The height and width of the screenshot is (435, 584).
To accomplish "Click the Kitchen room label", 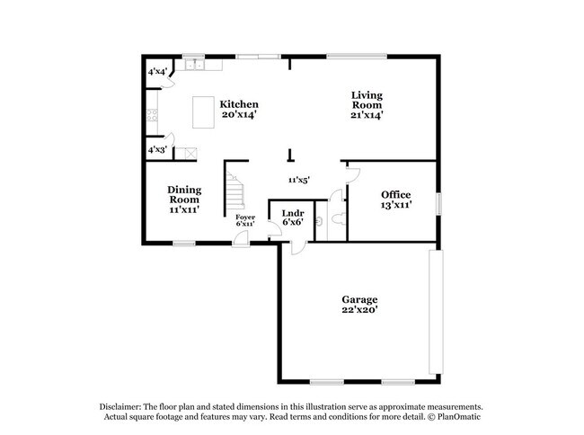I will click(x=239, y=104).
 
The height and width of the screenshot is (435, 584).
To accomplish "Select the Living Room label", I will click(x=367, y=94).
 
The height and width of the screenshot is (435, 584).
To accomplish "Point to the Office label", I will click(x=395, y=195).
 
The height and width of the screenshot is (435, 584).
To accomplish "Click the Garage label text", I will click(x=358, y=299).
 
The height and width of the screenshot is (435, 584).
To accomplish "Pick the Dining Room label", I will click(x=183, y=194).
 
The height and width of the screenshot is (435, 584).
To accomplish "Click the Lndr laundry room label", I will click(x=291, y=213).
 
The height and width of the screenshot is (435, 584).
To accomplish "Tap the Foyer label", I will click(x=245, y=217).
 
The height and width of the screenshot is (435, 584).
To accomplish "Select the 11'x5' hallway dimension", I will click(x=298, y=180).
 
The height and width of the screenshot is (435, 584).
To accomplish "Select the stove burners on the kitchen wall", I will click(x=152, y=115).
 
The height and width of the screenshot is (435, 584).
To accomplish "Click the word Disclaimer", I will click(x=124, y=406).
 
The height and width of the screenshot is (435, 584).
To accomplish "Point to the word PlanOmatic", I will click(x=463, y=417).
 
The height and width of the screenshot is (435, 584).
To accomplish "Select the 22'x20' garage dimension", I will click(x=358, y=310).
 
